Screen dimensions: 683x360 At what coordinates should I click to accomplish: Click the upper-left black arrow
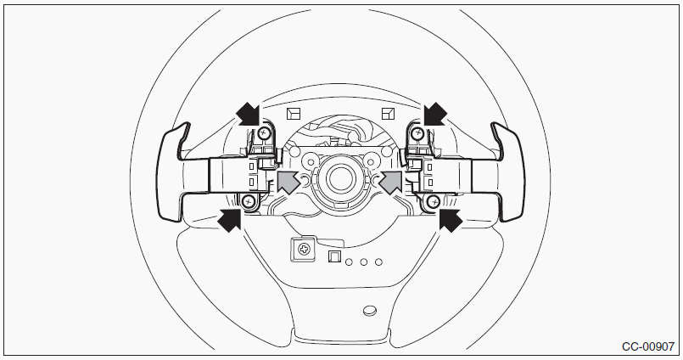[x=249, y=114]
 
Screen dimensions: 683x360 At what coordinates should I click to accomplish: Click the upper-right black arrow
[x=435, y=114]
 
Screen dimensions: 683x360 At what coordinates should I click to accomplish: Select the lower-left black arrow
[x=230, y=219]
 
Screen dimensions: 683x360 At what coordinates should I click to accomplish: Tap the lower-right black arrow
[x=451, y=220]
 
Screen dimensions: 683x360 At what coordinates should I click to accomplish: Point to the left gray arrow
[x=288, y=182]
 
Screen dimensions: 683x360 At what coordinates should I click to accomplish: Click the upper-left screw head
[x=263, y=134]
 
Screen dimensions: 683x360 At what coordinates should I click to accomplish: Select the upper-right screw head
[x=418, y=132]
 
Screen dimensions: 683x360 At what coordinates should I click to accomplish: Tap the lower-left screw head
[x=249, y=201]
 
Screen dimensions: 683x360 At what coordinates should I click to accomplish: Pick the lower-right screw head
[x=433, y=201]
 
